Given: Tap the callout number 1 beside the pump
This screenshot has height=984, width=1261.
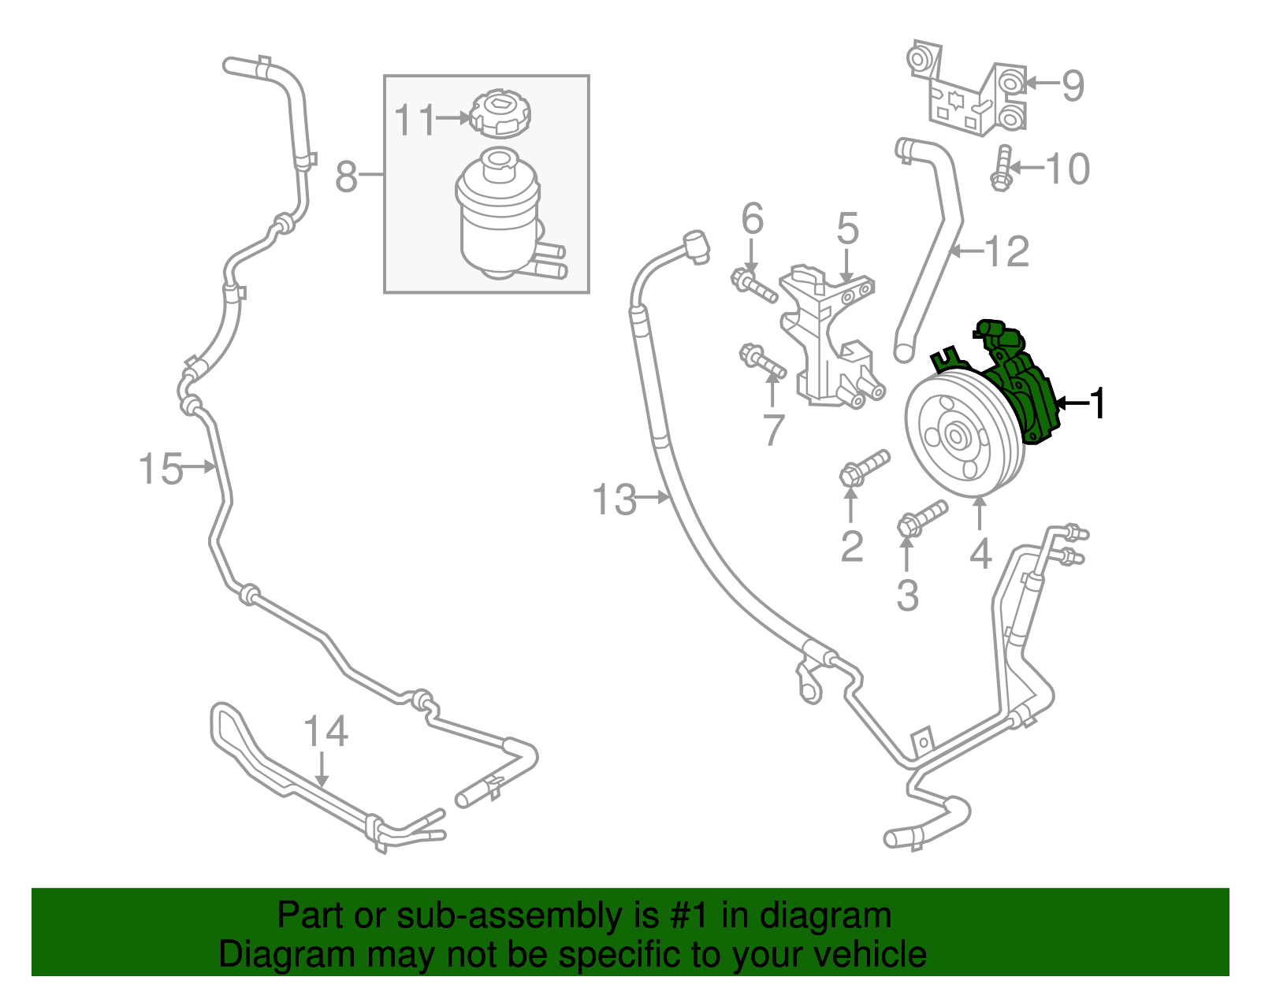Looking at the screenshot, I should [1097, 403].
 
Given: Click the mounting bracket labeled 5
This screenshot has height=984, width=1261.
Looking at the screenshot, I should [828, 339].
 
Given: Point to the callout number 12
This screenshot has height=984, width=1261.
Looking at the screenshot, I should [1007, 252].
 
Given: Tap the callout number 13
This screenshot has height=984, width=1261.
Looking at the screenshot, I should [614, 500].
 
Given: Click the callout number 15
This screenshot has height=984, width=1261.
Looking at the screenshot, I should [161, 469].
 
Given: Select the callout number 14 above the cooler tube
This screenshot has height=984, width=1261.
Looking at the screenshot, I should [325, 732].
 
